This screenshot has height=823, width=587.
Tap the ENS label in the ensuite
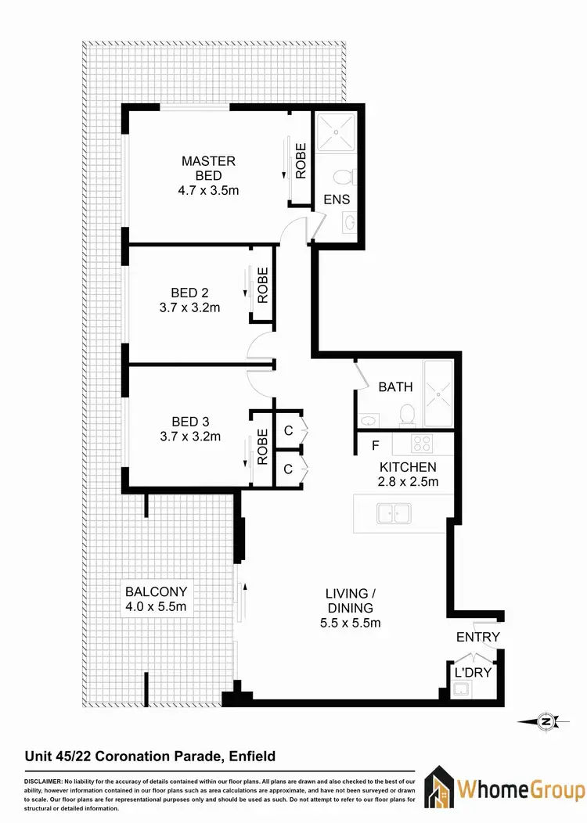tap(337, 199)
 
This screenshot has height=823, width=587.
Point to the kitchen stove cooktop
tap(423, 444)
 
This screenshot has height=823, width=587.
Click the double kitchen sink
tap(394, 513)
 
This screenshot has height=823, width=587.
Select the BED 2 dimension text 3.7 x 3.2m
tap(189, 307)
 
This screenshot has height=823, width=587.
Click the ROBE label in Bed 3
tap(263, 447)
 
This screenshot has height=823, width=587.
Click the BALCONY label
tap(156, 591)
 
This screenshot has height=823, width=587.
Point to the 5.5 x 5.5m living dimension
tap(350, 623)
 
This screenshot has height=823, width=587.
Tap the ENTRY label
tap(477, 637)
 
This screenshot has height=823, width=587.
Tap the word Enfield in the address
tap(248, 756)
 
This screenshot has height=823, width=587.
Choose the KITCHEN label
tap(407, 467)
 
